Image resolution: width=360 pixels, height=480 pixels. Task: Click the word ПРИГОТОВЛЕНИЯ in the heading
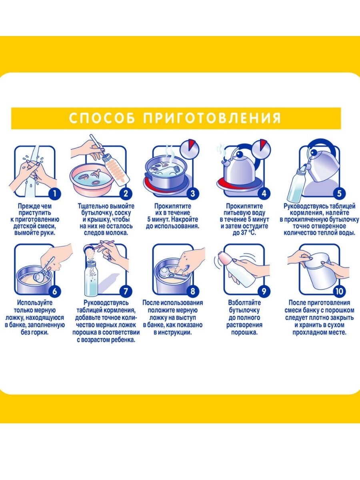point(212,118)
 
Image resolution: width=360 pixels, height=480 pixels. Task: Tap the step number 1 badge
point(55,194)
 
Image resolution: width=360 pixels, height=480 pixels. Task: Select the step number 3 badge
point(192,194)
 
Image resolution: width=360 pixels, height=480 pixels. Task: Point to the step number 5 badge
point(339,194)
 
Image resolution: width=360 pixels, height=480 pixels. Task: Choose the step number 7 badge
point(126,291)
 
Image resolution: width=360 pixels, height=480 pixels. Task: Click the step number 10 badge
point(339,291)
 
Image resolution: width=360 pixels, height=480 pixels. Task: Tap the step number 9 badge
point(264,291)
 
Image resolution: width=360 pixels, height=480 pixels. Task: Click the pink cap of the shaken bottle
point(226,258)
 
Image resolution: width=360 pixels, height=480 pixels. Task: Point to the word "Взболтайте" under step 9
point(244,303)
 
